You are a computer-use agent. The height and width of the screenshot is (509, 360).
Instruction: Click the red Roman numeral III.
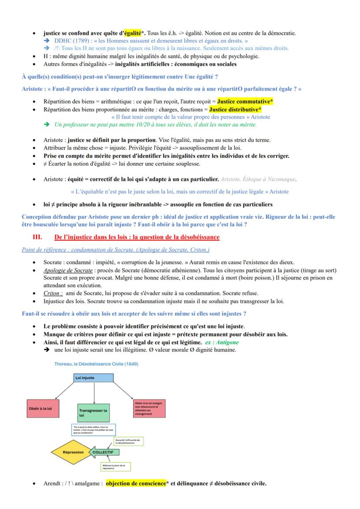coord(37,237)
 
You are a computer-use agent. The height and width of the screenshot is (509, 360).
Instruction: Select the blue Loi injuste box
coord(94,378)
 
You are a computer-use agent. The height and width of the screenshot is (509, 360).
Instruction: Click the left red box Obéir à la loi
coord(43,409)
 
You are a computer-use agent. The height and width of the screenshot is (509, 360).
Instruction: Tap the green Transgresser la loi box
coord(94,413)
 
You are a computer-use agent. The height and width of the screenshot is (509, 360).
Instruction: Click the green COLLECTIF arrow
coord(104,452)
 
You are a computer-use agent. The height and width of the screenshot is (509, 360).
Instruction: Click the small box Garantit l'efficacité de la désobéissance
coord(128,441)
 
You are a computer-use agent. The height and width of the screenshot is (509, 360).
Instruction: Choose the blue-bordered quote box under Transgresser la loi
coord(93,429)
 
